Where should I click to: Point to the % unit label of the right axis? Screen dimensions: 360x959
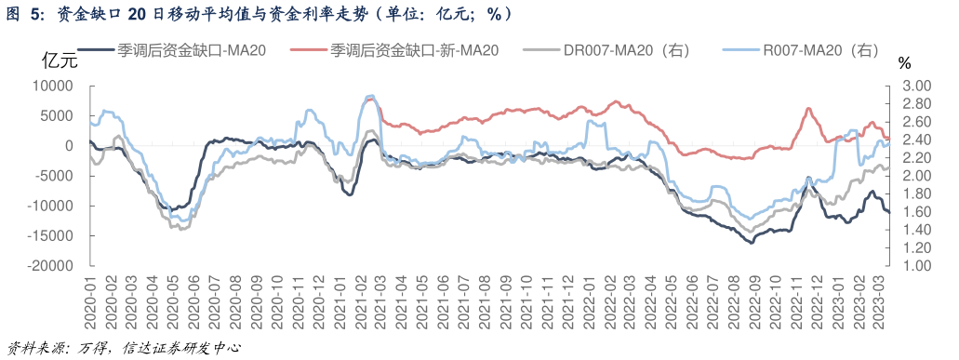tap(905, 62)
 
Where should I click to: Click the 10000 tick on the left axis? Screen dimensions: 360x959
tap(53, 86)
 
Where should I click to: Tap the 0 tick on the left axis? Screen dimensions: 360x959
tap(69, 146)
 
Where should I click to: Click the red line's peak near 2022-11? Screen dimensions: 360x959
tap(807, 109)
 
